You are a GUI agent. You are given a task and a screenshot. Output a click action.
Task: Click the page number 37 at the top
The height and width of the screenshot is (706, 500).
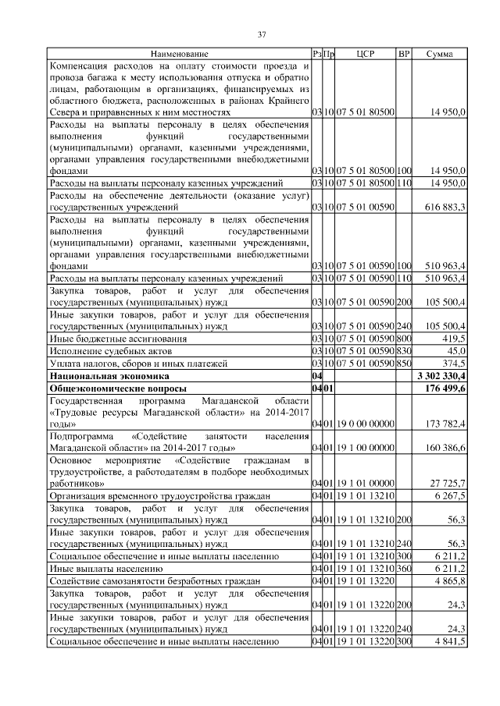click(262, 34)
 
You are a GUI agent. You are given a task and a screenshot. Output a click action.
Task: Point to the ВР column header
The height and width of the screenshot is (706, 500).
click(404, 54)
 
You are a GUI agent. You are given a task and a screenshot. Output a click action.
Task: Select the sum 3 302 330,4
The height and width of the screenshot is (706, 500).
click(441, 375)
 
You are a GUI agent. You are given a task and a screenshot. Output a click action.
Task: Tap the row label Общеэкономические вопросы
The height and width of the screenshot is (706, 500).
click(109, 387)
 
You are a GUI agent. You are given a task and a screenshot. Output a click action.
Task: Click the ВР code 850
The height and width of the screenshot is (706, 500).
click(404, 363)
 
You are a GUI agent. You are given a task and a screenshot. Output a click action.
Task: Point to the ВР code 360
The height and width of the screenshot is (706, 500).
click(404, 569)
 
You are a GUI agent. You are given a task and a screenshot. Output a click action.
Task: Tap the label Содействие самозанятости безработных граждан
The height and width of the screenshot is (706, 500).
click(153, 581)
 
